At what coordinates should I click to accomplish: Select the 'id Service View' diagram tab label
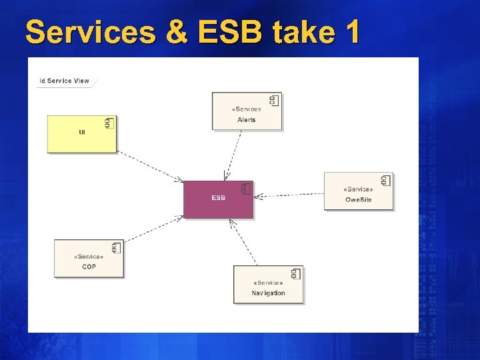tap(65, 81)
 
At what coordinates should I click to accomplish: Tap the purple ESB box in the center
tap(219, 199)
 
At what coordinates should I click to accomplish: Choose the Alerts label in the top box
tap(247, 120)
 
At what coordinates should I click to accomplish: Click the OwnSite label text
tap(358, 200)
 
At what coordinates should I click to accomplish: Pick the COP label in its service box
tap(89, 267)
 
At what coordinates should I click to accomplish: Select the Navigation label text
tap(268, 293)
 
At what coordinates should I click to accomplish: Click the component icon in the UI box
tap(108, 123)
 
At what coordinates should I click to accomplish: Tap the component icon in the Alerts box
tap(273, 101)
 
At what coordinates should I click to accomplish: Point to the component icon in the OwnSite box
tap(385, 180)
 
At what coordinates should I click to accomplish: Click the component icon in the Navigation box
tap(295, 273)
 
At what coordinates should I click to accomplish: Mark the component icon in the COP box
tap(116, 247)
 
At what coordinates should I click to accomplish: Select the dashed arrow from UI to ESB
tap(150, 167)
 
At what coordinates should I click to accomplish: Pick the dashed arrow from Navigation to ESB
tap(243, 242)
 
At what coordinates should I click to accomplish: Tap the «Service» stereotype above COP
tap(89, 257)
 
